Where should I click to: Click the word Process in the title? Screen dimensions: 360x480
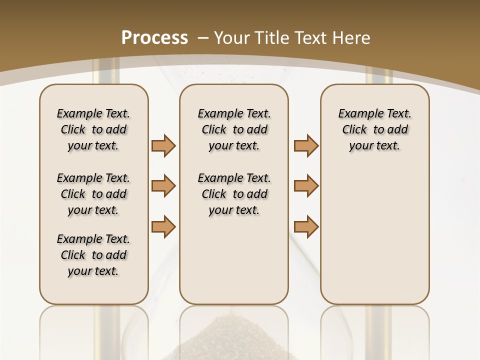(154, 38)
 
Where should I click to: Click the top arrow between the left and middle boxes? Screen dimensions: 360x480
(163, 145)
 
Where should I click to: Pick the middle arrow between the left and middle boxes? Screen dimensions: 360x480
(163, 186)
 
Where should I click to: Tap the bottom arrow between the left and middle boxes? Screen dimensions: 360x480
(163, 226)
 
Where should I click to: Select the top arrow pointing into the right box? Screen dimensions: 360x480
(306, 145)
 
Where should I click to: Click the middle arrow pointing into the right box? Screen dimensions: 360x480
(306, 186)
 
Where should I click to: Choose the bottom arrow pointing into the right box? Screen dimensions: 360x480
(306, 226)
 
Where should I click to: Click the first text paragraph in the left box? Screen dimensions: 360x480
(93, 129)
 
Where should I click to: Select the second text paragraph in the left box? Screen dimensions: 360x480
(93, 194)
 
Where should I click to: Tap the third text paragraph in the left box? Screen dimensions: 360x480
(93, 255)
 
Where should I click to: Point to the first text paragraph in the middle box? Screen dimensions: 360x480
(234, 129)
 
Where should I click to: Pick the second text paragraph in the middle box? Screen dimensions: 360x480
(234, 194)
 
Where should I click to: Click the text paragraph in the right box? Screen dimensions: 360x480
(375, 129)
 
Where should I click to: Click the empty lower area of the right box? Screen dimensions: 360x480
(375, 235)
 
